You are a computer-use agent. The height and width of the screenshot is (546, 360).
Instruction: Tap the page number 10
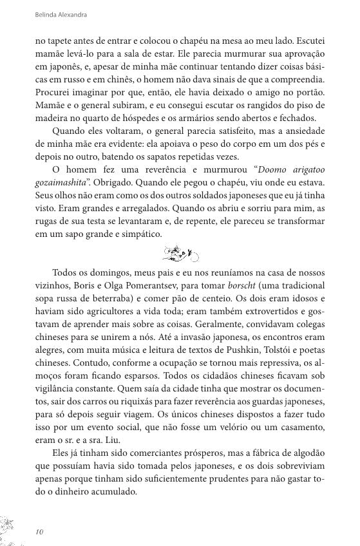click(x=40, y=531)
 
